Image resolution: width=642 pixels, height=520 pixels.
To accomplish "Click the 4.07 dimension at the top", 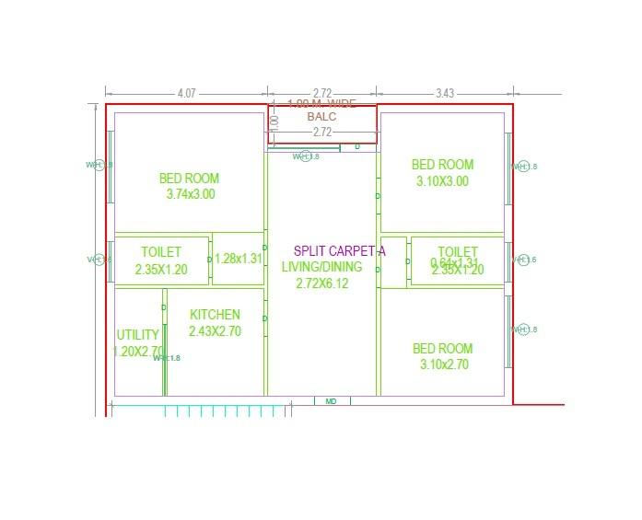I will (x=187, y=93).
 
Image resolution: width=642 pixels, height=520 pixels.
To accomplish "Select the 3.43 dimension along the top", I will (x=445, y=93).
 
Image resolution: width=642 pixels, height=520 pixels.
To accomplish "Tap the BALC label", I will (x=322, y=117).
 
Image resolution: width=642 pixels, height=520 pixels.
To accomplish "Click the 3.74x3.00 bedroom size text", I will (x=191, y=194).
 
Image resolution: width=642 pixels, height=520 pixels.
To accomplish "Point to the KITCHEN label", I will (x=215, y=315).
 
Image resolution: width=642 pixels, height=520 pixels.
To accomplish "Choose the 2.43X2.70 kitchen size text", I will (x=215, y=331).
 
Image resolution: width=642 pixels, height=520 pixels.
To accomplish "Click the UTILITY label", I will (x=138, y=335).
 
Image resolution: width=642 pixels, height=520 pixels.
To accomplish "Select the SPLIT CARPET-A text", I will (x=339, y=250).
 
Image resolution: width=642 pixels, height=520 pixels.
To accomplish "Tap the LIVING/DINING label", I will (x=322, y=267).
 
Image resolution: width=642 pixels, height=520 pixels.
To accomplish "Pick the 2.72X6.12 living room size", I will (x=322, y=283).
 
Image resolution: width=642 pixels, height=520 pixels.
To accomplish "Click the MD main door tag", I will (x=332, y=401).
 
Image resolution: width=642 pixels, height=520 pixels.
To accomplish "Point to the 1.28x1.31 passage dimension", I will (x=239, y=259).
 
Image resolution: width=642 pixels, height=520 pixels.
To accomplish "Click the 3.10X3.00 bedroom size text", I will (x=442, y=181).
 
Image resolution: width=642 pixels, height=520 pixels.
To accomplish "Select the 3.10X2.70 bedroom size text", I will (x=442, y=364).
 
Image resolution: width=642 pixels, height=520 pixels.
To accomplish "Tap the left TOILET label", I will (x=161, y=251).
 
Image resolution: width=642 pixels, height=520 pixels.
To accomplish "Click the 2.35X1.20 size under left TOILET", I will (x=161, y=270).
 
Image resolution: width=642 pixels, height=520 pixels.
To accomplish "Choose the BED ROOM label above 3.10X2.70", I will (x=442, y=348).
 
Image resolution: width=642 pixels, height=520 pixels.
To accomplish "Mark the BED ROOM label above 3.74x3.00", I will (x=190, y=178).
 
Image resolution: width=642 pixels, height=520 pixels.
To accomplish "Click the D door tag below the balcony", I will (x=357, y=147).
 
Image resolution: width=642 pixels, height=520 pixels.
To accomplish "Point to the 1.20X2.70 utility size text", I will (x=138, y=352).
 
